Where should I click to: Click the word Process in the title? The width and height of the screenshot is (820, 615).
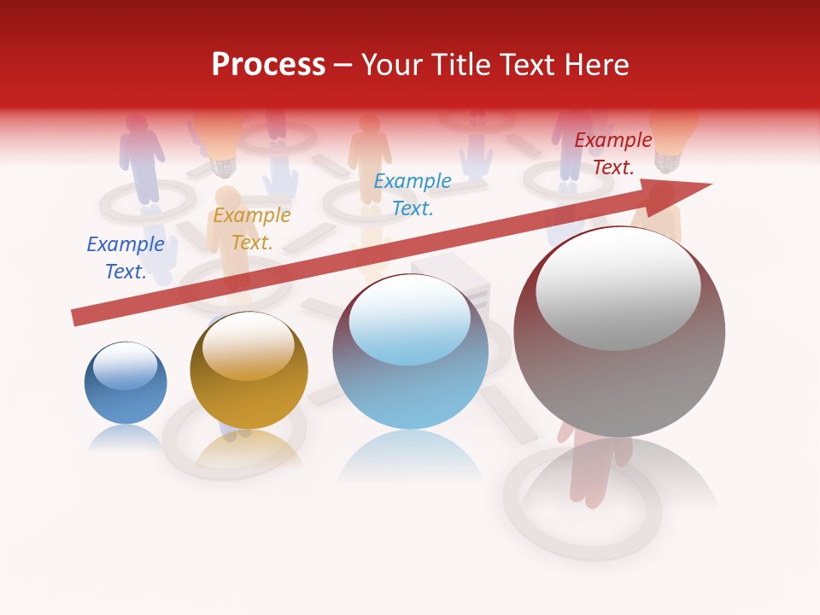[x=268, y=65]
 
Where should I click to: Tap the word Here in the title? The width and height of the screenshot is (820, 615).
[x=596, y=65]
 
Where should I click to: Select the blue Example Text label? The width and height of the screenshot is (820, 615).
[x=126, y=258]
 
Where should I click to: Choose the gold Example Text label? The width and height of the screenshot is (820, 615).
[x=252, y=229]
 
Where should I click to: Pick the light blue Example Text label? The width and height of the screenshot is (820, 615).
[x=413, y=194]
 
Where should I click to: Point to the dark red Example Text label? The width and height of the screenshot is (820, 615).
[x=613, y=154]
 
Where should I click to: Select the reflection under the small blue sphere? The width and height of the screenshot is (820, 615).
[x=126, y=437]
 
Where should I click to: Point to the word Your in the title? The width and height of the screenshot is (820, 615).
[x=395, y=65]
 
